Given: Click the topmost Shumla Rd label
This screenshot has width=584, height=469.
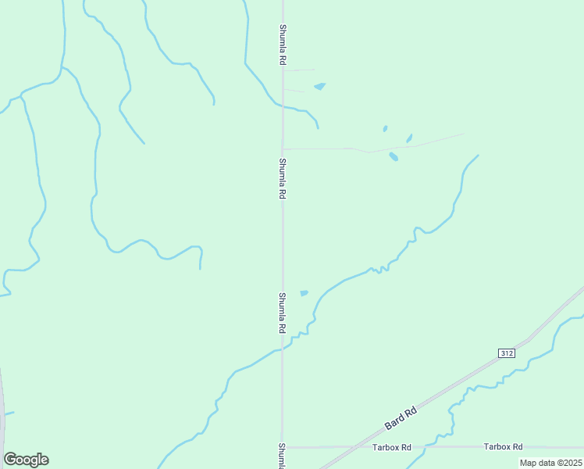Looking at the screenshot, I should click(x=282, y=44).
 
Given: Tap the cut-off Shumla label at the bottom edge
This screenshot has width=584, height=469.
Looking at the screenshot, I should click(x=282, y=456).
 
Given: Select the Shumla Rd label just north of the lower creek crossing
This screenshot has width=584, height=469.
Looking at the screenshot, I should click(x=282, y=313).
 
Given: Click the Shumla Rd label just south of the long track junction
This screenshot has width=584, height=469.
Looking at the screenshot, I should click(x=282, y=178).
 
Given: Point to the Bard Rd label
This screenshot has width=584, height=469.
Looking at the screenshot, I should click(x=401, y=417).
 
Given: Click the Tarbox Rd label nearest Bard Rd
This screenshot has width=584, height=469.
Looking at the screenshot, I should click(x=392, y=447).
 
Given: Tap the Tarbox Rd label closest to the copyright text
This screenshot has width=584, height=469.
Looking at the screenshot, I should click(x=503, y=446).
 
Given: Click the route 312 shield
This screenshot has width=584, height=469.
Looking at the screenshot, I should click(x=506, y=353).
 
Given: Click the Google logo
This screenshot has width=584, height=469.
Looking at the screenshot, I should click(x=26, y=460).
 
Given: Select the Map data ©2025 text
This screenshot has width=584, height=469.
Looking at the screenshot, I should click(x=550, y=463).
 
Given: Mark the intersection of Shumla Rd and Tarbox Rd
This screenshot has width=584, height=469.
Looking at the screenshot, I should click(x=283, y=447).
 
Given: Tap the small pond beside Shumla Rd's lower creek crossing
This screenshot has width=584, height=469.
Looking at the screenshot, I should click(x=304, y=293).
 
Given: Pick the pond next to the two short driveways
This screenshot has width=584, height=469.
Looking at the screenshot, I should click(x=319, y=86).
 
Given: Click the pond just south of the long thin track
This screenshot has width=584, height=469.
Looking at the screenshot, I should click(x=393, y=156).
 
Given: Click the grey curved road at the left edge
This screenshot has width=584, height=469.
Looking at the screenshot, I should click(x=2, y=406).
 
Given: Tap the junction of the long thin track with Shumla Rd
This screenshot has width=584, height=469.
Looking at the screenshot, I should click(x=283, y=148).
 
